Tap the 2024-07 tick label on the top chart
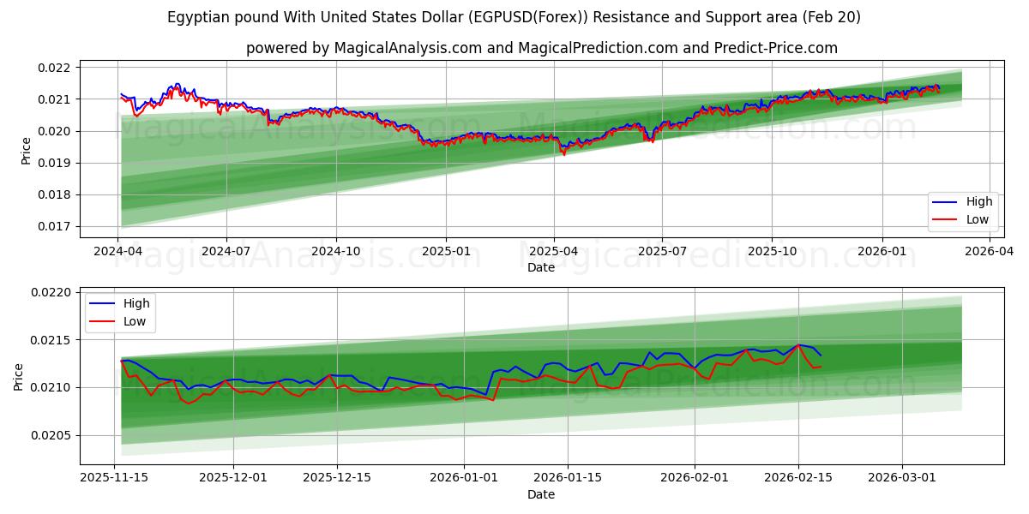coord(226,252)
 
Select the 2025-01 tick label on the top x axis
coord(445,252)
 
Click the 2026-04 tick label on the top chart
coord(990,252)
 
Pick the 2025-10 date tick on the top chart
coord(772,252)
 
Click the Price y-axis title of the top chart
coord(27,150)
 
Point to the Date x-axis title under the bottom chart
coord(540,494)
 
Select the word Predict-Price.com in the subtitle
coord(777,48)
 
